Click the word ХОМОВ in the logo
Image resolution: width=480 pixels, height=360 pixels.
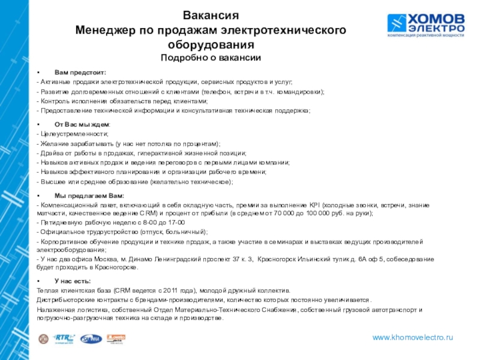click(436, 19)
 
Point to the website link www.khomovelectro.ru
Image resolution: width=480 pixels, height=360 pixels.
click(413, 338)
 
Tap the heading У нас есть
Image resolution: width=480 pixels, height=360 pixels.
click(73, 281)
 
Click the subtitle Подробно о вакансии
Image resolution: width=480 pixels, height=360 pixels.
click(211, 58)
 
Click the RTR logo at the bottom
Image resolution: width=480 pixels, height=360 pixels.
click(63, 338)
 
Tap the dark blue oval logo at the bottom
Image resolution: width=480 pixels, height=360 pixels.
click(91, 339)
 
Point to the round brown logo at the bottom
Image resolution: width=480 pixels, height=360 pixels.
click(43, 339)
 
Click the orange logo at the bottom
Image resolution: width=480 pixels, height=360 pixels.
click(115, 338)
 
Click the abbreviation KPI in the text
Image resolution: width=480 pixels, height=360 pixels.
click(317, 205)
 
